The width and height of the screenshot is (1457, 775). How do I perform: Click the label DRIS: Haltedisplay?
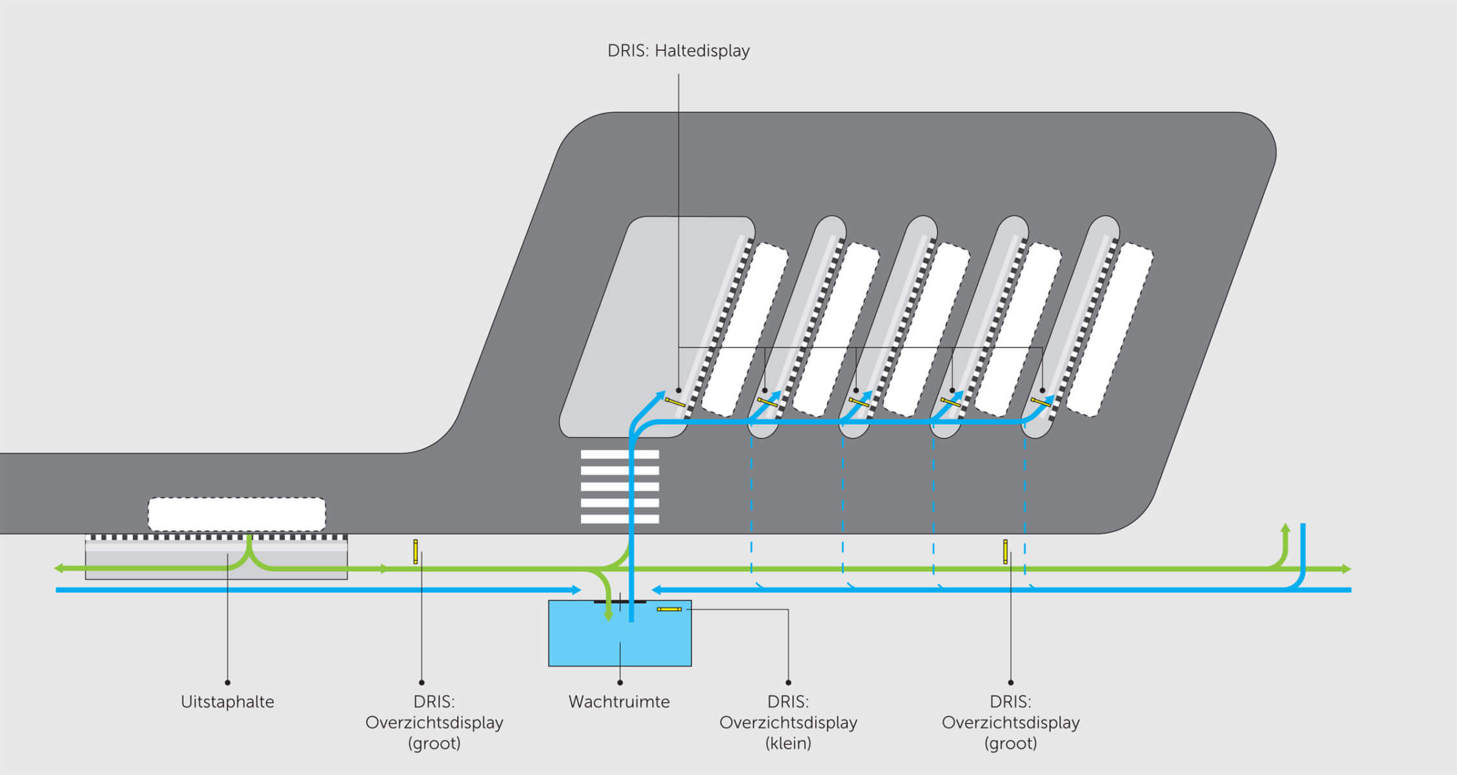coord(678,51)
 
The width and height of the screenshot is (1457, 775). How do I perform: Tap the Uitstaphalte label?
coord(227,701)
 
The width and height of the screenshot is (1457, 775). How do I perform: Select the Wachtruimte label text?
coord(618,701)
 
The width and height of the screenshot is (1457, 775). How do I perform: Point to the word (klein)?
coord(788,743)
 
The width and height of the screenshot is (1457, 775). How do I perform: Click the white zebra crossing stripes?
coord(620,486)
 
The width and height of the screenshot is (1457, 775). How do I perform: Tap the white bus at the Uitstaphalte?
coord(237,514)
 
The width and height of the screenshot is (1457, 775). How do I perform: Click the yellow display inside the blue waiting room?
coord(669,609)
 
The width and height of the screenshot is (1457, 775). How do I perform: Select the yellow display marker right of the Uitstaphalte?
coord(415,552)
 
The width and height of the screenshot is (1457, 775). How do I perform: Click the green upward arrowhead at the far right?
coord(1285,528)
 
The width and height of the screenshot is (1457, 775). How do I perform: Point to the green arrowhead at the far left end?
coord(58,568)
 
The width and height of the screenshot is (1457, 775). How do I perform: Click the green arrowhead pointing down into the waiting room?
coord(608,616)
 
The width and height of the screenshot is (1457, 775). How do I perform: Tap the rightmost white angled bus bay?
coord(1109,329)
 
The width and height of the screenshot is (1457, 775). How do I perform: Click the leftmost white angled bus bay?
coord(744,329)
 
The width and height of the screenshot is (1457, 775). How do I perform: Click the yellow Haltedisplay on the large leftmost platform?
coord(675,402)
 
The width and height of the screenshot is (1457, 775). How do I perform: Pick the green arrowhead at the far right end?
coord(1347,569)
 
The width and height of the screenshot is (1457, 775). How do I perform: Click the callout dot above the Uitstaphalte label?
coord(227,682)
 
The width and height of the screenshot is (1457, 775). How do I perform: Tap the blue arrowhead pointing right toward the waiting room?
coord(576,590)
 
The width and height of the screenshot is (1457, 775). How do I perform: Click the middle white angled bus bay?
coord(926,329)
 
